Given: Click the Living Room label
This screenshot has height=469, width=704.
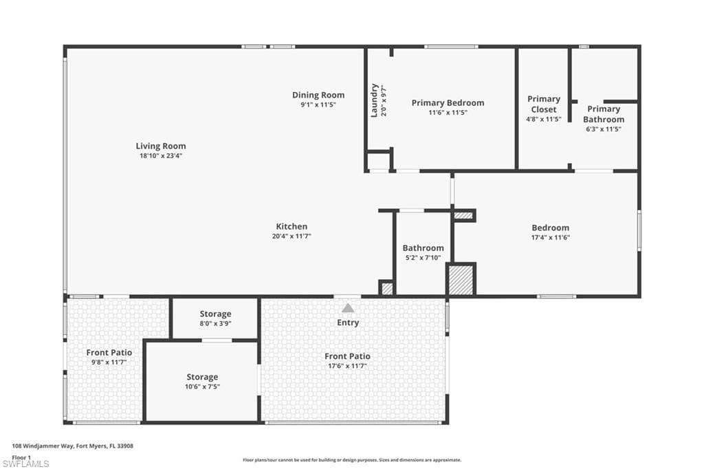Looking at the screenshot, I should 160,146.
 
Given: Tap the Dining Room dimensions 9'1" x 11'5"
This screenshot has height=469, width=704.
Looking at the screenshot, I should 318,105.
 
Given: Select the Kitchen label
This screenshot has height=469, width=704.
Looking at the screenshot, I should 291,226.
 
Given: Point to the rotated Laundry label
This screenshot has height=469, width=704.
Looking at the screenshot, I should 375,100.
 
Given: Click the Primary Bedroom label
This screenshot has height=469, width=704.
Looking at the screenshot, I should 448,103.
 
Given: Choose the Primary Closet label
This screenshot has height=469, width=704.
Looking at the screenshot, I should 543,104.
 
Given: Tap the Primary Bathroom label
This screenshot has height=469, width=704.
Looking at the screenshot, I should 604,114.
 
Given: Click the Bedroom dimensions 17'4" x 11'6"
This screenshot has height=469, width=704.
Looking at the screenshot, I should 550,237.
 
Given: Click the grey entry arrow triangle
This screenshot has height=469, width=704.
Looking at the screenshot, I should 348,308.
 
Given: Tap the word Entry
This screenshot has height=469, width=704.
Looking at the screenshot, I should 348,323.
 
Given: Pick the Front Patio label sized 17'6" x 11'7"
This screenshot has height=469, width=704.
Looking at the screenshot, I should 347,356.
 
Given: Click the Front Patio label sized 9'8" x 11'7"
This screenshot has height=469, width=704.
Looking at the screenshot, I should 109,352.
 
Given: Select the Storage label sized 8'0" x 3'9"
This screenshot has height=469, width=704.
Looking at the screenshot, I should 215,314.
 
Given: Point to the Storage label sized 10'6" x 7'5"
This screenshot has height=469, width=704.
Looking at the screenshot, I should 202,377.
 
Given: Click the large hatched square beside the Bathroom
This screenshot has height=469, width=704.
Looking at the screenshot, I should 461,280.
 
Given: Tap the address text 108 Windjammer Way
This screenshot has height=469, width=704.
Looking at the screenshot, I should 73,446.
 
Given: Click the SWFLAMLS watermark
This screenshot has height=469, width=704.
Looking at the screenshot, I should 26,463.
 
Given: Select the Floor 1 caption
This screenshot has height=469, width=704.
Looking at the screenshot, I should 21,457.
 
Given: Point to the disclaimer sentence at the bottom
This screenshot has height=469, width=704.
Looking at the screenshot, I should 351,460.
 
